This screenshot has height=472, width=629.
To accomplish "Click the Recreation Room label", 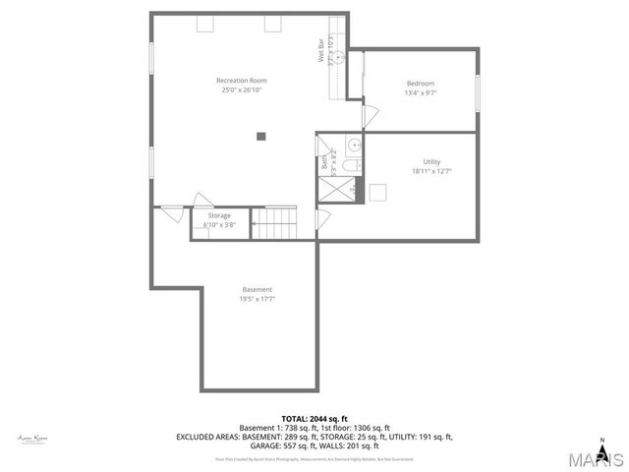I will click(x=242, y=81).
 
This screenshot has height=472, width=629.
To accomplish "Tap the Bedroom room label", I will click(x=420, y=84).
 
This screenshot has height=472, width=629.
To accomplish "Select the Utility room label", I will click(x=431, y=161).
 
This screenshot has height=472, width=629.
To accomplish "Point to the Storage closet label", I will click(x=219, y=215).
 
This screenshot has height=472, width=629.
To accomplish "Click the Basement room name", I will click(x=257, y=289).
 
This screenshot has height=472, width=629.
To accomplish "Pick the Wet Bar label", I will click(x=320, y=51).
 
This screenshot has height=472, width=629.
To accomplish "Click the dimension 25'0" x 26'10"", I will click(x=242, y=90).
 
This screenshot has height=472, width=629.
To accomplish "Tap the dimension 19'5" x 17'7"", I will click(x=257, y=299).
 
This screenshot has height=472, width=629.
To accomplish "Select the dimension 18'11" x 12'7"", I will click(x=431, y=171).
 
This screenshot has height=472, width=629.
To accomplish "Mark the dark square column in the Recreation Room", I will click(x=260, y=136).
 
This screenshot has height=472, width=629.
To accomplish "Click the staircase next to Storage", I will click(x=274, y=222).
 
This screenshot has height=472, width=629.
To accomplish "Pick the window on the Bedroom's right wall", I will click(x=479, y=92).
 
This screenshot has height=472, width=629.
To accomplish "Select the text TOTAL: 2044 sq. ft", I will click(x=314, y=419).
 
